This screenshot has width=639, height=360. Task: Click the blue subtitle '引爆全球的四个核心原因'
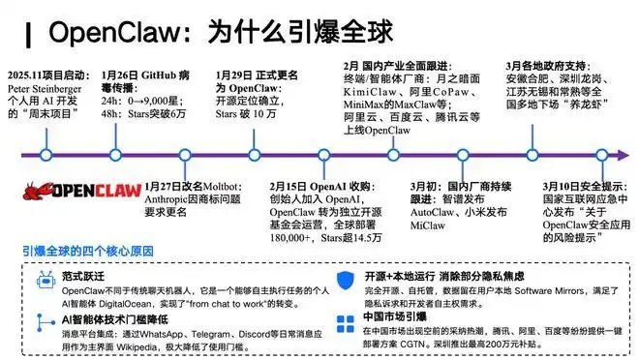coord(90,253)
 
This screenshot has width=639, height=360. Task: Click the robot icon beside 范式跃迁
coord(42,279)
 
